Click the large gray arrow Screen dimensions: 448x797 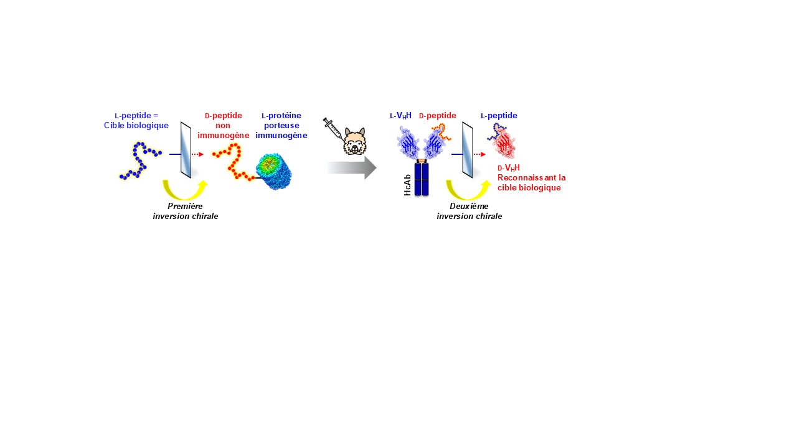352,168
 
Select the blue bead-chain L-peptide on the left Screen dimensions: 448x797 140,161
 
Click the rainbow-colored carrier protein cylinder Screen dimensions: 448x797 274,171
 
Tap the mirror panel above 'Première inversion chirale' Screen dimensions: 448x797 186,149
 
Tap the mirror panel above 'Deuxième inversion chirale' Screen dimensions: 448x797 467,149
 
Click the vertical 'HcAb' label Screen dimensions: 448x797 408,184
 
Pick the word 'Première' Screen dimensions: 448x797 186,206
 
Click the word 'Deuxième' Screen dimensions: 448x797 469,206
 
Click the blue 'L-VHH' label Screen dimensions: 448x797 400,116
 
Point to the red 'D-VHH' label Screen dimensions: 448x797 509,168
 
